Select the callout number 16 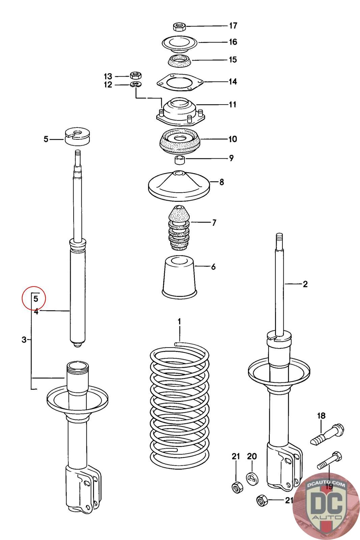tap(233, 42)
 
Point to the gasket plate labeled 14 tap(179, 82)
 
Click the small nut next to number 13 tap(136, 75)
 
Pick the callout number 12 tap(108, 85)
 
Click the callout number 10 tap(233, 139)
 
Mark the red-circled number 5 tap(36, 299)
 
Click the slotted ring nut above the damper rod tap(79, 136)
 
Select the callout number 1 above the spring tap(179, 321)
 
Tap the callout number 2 tap(305, 284)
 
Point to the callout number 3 tap(24, 340)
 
